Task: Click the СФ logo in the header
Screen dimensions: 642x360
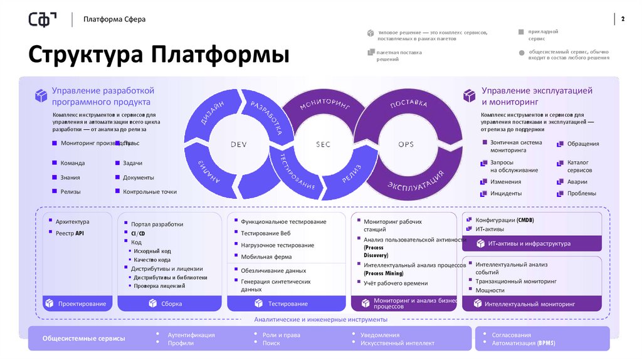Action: click(x=42, y=19)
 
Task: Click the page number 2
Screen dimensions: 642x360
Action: click(x=623, y=19)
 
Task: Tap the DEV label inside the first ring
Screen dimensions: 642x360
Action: click(x=239, y=145)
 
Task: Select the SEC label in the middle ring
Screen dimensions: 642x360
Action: click(x=322, y=145)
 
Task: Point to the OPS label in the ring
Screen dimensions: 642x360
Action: click(x=406, y=145)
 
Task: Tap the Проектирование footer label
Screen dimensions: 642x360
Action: click(x=82, y=304)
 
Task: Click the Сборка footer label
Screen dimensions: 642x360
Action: click(x=171, y=304)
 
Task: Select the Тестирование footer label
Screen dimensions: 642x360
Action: click(x=288, y=304)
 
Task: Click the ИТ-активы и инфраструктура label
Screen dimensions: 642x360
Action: click(x=529, y=243)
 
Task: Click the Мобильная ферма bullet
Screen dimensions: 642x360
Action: click(x=266, y=257)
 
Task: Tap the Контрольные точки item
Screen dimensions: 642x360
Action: click(x=150, y=192)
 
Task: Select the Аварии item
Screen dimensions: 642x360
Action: click(x=577, y=182)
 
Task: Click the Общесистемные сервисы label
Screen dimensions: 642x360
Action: click(x=83, y=339)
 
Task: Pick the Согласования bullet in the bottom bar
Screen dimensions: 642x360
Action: click(x=511, y=335)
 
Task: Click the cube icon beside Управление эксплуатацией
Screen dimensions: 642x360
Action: click(x=470, y=95)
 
